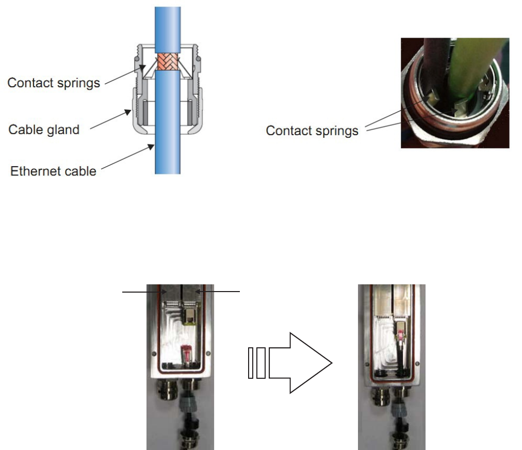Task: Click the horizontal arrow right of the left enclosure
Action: coord(219,293)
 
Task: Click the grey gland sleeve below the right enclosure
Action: coord(398,405)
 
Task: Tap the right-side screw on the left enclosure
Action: coord(207,353)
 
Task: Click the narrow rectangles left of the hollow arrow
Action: coord(256,363)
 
